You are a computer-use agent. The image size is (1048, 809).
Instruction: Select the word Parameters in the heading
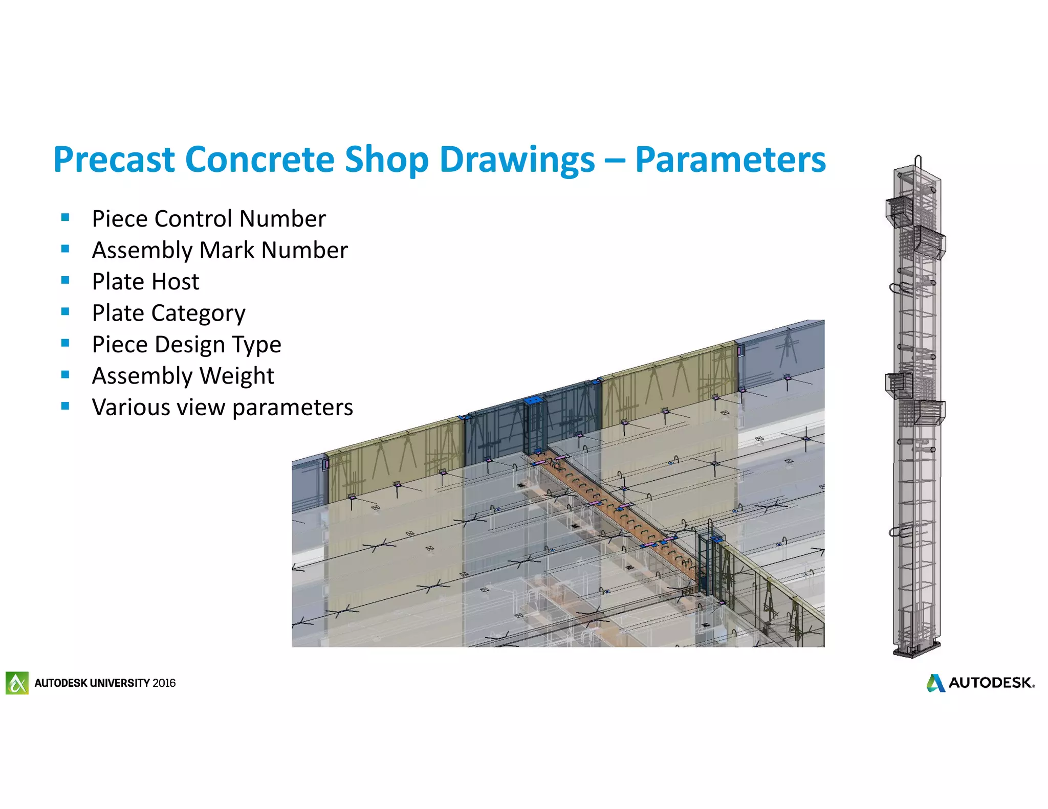coord(730,160)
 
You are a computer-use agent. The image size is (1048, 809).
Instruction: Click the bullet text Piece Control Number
coord(209,219)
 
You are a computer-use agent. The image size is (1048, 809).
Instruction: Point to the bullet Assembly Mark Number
coord(220,250)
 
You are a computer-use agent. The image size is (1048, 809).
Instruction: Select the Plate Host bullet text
coord(145,282)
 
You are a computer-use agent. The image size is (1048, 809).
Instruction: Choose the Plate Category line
coord(168,313)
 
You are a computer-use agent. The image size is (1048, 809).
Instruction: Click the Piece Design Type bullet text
coord(186,345)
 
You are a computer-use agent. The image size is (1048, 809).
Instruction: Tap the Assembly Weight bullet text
coord(183,376)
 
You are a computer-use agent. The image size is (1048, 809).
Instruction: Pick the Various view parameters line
coord(222,408)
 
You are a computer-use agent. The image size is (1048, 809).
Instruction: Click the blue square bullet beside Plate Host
coord(65,280)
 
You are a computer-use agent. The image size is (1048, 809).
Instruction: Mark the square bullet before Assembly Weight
coord(65,374)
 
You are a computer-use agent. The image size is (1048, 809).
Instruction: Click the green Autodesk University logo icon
coord(17,683)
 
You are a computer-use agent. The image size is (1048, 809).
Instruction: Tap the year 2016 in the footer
coord(164,683)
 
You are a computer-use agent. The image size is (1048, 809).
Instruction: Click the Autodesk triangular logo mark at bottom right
coord(935,683)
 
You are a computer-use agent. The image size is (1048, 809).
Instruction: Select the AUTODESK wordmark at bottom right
coord(991,683)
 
